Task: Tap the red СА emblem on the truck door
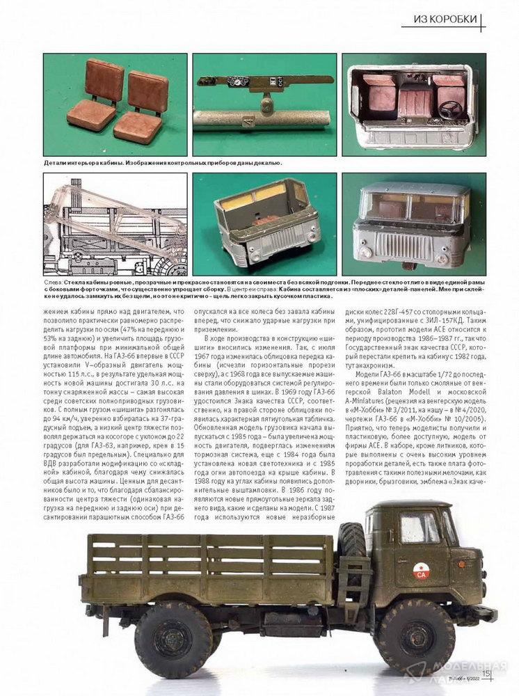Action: pyautogui.click(x=421, y=572)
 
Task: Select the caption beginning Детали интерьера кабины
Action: pyautogui.click(x=162, y=162)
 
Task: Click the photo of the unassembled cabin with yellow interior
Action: pyautogui.click(x=264, y=223)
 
